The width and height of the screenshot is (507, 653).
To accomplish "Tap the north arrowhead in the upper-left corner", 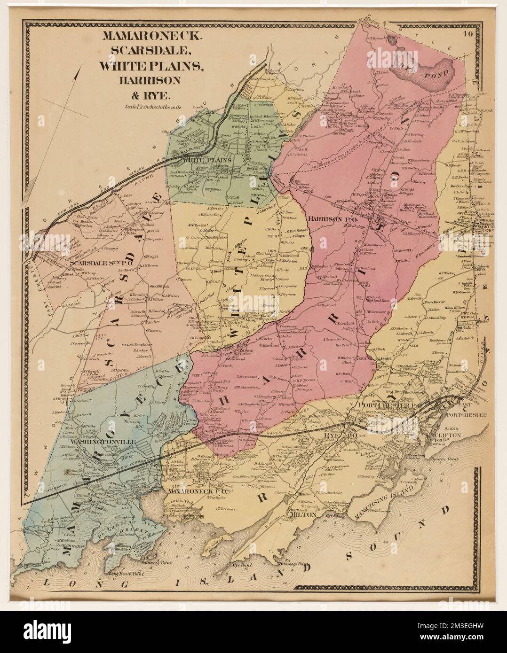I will click(x=75, y=74).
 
